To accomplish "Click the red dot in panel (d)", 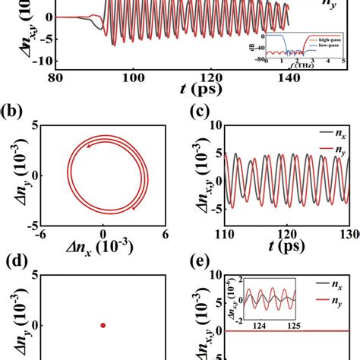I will pos(103,325).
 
